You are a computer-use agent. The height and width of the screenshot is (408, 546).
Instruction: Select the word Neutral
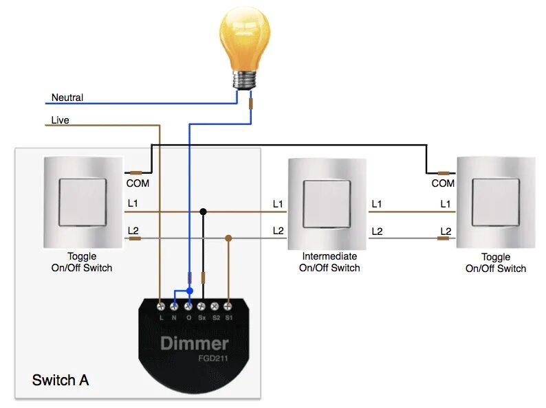(x=67, y=98)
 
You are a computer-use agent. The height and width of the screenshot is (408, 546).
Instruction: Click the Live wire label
(x=61, y=120)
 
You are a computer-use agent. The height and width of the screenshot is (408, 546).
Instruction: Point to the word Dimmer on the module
(x=195, y=343)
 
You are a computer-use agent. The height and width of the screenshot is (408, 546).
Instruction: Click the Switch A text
(x=61, y=380)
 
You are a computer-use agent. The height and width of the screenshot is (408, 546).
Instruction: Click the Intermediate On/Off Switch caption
(x=329, y=262)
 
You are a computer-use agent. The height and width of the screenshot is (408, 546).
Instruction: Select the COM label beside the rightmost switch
(x=443, y=183)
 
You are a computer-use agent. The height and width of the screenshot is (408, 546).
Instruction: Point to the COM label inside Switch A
(x=138, y=183)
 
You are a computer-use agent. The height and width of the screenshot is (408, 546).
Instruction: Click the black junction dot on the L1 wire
(x=203, y=211)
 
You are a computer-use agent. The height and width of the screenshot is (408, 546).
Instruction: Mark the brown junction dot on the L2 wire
(x=228, y=238)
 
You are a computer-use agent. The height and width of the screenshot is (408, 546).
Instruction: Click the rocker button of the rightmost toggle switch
(x=496, y=202)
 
